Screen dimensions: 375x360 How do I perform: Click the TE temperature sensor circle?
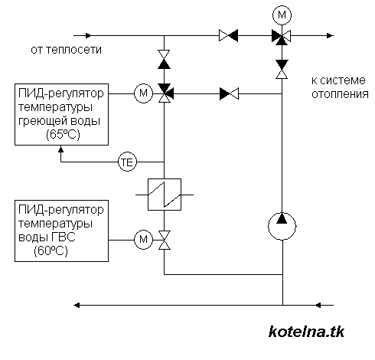[x=127, y=162]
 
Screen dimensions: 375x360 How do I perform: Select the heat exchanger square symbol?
[x=165, y=195]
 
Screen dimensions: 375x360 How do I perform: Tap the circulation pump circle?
[x=282, y=226]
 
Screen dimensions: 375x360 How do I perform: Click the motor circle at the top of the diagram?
[x=282, y=15]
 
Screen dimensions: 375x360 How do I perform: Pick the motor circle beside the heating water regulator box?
[x=143, y=93]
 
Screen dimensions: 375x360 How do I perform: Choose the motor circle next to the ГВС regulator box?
[x=143, y=240]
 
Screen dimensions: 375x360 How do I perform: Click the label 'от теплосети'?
[x=66, y=50]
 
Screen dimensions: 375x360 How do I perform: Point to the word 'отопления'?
[x=340, y=94]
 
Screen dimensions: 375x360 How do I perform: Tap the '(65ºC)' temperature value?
[x=63, y=134]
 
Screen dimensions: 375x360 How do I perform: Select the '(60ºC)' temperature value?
[x=51, y=250]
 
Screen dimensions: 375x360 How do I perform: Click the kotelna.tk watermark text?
[x=306, y=332]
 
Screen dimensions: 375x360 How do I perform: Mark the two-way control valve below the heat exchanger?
[x=165, y=240]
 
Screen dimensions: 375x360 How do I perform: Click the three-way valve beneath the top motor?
[x=282, y=37]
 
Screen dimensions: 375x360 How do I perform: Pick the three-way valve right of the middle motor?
[x=165, y=93]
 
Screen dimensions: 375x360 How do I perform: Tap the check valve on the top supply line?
[x=229, y=35]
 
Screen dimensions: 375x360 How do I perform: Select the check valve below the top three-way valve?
[x=282, y=69]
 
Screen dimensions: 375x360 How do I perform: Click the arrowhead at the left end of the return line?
[x=77, y=305]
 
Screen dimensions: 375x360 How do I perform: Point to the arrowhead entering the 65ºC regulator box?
[x=60, y=149]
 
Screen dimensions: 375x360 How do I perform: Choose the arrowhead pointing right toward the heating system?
[x=331, y=35]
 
